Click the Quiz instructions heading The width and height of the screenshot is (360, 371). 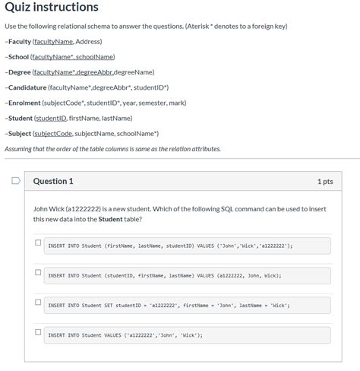52,8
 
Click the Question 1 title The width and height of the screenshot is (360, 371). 53,182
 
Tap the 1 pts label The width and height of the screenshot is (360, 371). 325,182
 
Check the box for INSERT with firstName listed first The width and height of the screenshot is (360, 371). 38,243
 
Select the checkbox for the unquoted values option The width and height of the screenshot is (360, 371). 38,273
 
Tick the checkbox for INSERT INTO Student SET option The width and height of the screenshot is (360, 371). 38,303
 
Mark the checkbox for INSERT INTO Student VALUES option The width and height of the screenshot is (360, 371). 38,332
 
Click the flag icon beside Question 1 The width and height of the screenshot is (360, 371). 16,182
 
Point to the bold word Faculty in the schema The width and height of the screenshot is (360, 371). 19,41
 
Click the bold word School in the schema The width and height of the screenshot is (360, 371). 19,56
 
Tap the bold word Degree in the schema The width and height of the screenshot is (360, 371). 19,72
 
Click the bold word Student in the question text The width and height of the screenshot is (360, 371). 111,219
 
